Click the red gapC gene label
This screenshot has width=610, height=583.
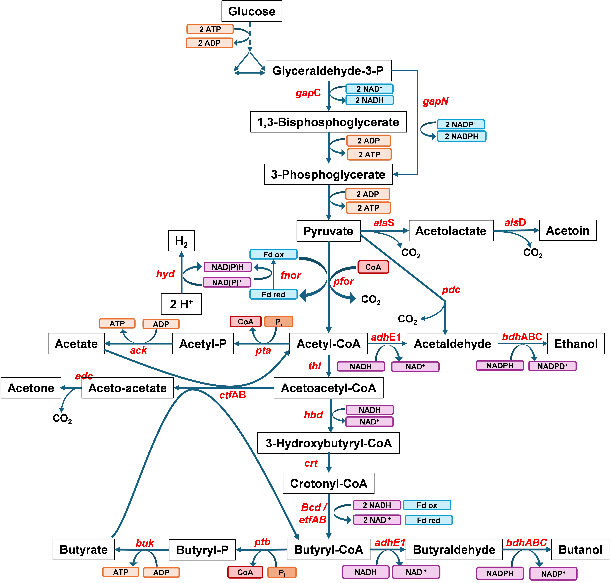(x=308, y=93)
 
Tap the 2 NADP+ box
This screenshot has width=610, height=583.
(x=461, y=124)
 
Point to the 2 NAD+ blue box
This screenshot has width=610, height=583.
(x=369, y=89)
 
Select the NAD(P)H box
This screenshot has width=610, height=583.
(x=227, y=267)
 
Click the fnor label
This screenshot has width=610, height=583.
(x=291, y=275)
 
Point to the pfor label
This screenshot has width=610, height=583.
(x=343, y=282)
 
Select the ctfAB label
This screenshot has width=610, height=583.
(x=232, y=395)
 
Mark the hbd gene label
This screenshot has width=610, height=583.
(x=313, y=415)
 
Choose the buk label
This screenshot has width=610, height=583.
(x=145, y=543)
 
